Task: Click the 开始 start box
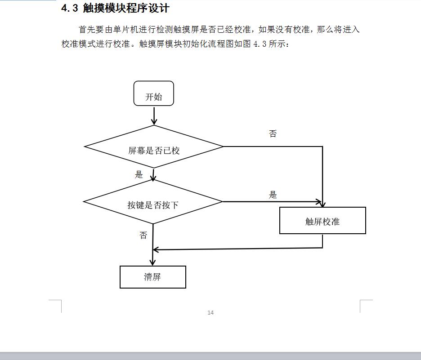[153, 93]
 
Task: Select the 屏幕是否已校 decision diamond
[153, 147]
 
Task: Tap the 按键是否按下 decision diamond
[153, 202]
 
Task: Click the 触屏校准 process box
[322, 221]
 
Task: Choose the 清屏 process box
[153, 277]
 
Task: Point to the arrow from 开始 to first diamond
[154, 116]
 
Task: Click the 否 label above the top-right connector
[273, 133]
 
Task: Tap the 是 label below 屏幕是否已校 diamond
[139, 175]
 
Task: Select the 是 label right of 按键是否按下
[273, 195]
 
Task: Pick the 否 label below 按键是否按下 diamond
[143, 235]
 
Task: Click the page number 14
[210, 312]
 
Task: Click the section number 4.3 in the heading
[70, 9]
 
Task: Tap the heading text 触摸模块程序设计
[126, 8]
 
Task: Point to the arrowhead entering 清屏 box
[152, 262]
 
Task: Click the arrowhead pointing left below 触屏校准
[156, 250]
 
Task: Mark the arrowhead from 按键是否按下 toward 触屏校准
[319, 202]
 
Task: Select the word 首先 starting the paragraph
[87, 30]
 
